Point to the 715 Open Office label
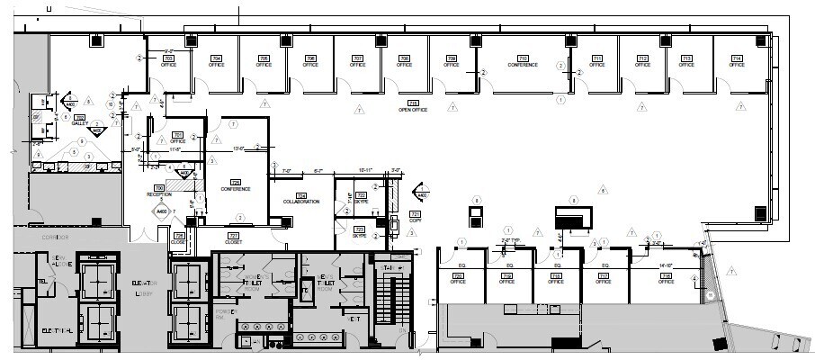[413, 106]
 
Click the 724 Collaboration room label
[301, 199]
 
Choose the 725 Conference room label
[236, 185]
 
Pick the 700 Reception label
[159, 191]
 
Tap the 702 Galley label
[79, 121]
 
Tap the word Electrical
[57, 332]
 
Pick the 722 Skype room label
[360, 199]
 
